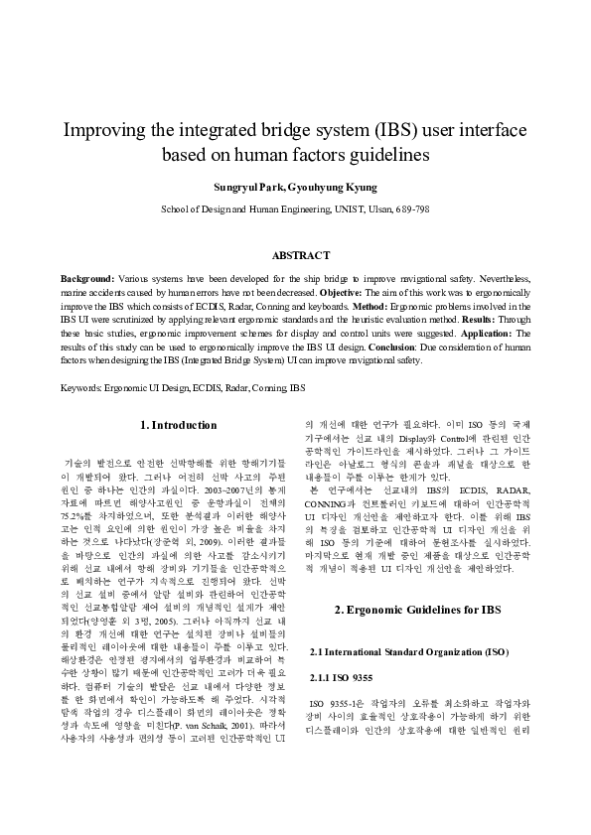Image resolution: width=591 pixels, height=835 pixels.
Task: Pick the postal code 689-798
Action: click(410, 209)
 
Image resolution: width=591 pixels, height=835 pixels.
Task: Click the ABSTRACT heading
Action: click(295, 255)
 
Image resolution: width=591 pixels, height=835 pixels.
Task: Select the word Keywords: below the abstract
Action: click(82, 386)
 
